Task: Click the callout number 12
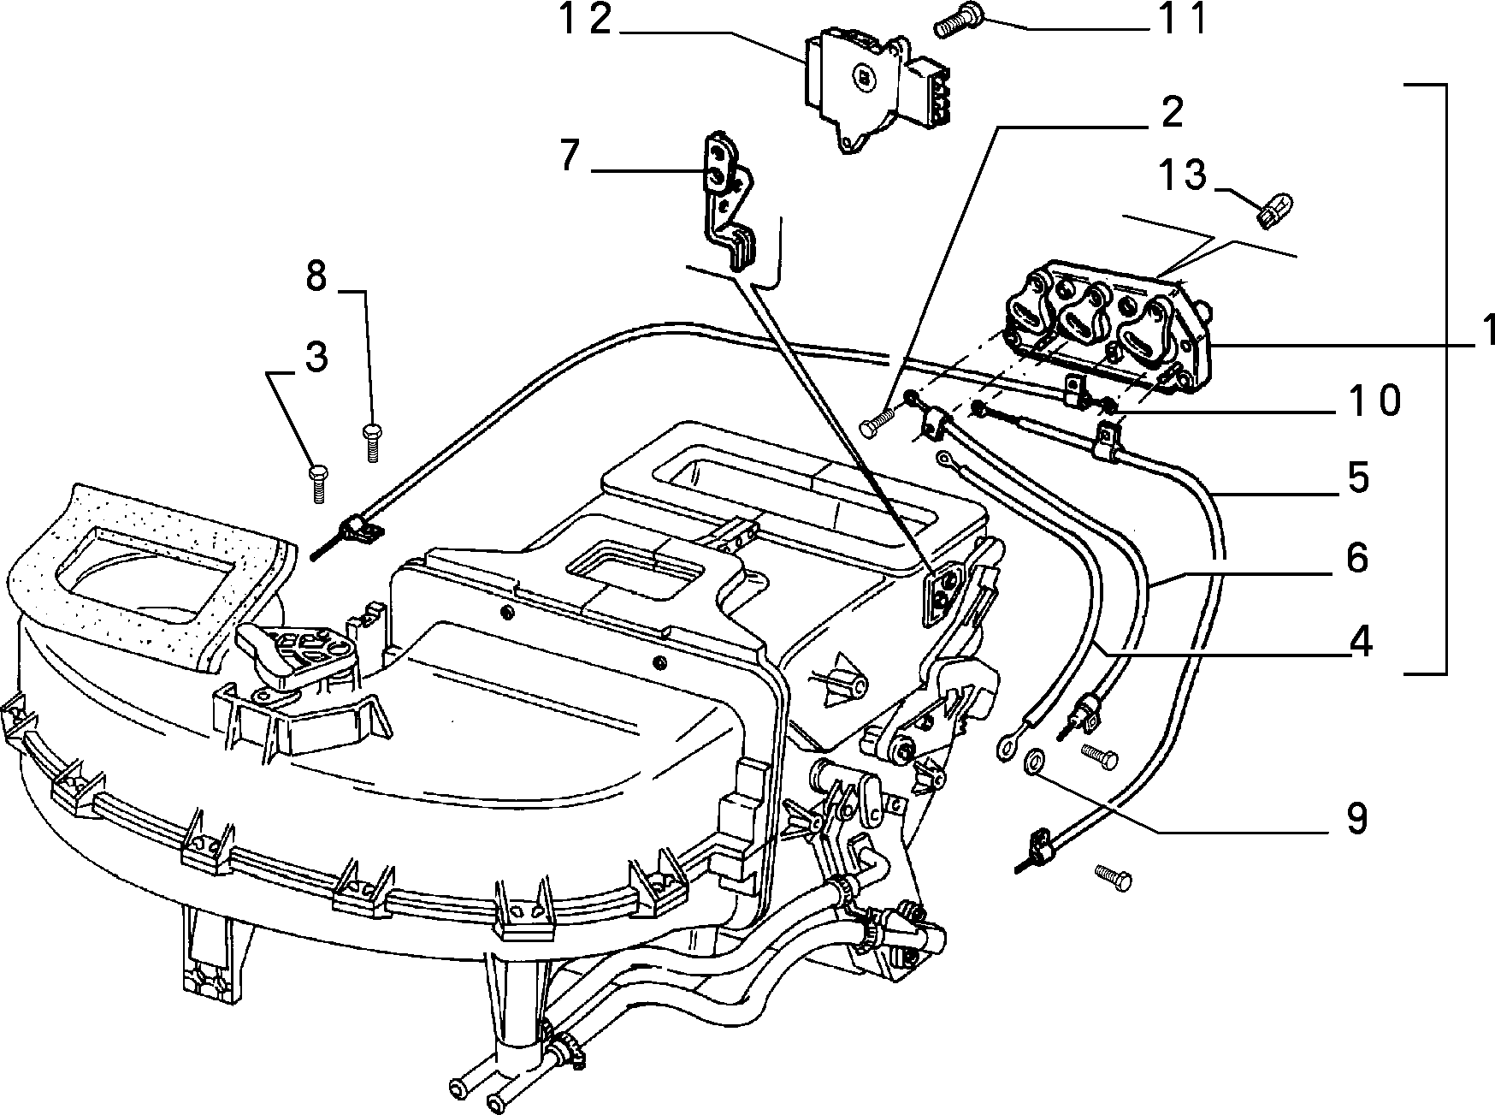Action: pyautogui.click(x=587, y=19)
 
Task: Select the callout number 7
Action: pyautogui.click(x=569, y=157)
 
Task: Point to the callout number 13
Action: pyautogui.click(x=1183, y=175)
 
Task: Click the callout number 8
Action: pyautogui.click(x=316, y=276)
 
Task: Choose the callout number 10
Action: pyautogui.click(x=1373, y=400)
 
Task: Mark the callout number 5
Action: pyautogui.click(x=1357, y=477)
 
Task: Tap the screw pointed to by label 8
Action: pyautogui.click(x=372, y=442)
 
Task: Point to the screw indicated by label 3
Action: pyautogui.click(x=317, y=483)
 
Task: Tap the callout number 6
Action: pyautogui.click(x=1357, y=558)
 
